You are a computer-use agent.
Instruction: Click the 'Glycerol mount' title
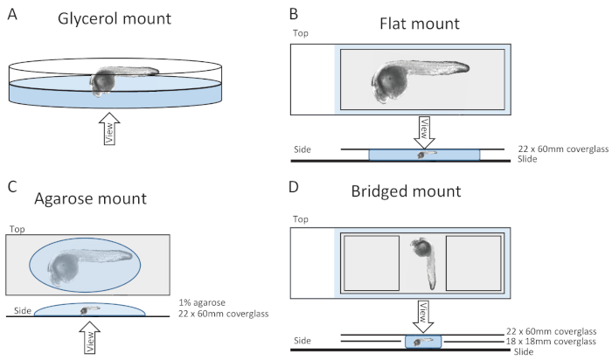click(115, 18)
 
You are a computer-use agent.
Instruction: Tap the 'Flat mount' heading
click(420, 24)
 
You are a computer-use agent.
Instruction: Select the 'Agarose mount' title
click(91, 198)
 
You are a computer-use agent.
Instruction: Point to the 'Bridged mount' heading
click(406, 191)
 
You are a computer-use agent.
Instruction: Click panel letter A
click(12, 15)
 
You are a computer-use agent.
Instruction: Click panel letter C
click(12, 186)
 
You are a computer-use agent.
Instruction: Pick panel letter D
click(294, 187)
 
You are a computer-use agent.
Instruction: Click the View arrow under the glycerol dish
click(109, 128)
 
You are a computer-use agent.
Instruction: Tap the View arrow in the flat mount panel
click(424, 132)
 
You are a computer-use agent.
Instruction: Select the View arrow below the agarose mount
click(90, 338)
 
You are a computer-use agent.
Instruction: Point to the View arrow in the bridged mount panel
click(423, 316)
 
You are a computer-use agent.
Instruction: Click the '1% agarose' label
click(202, 302)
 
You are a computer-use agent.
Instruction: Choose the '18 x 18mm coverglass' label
click(551, 342)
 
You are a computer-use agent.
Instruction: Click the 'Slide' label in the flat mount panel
click(527, 159)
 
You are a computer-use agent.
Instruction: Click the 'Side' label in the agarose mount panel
click(22, 311)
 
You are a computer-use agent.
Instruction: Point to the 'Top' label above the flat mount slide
click(301, 33)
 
